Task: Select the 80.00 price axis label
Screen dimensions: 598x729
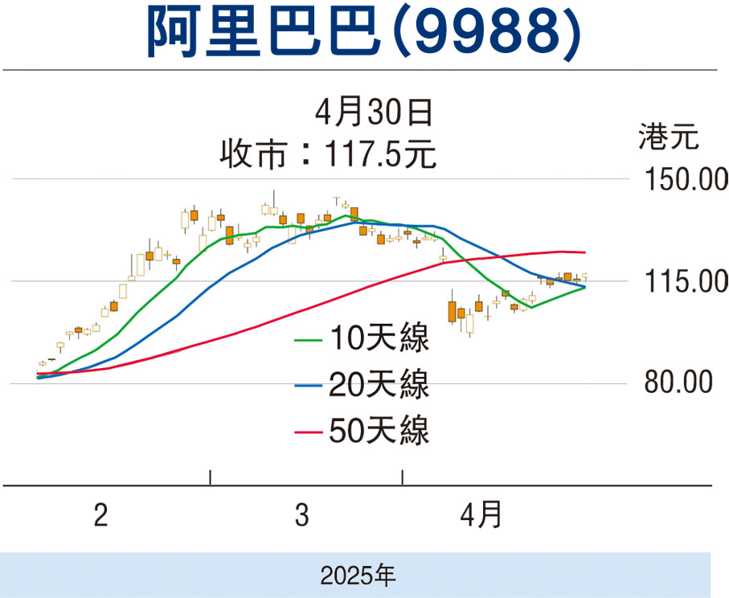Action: [679, 383]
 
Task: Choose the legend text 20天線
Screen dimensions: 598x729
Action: [379, 383]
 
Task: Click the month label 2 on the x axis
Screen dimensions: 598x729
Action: [100, 515]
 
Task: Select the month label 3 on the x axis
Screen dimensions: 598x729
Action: [301, 515]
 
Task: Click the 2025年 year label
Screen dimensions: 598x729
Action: [357, 574]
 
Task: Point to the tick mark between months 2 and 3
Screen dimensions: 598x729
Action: [211, 477]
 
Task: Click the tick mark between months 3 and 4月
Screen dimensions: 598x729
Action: [403, 477]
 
